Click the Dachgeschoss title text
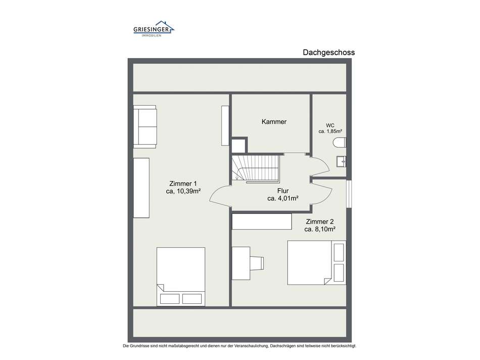pos(328,52)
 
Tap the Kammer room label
pos(274,122)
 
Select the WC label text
pos(330,125)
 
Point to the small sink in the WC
pos(342,162)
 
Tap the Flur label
pos(283,191)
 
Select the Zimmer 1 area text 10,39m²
pos(183,191)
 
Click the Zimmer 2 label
pos(319,221)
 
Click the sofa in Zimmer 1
pos(145,126)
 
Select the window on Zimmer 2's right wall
pos(349,194)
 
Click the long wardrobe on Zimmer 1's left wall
pos(141,188)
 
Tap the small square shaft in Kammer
pos(238,145)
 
